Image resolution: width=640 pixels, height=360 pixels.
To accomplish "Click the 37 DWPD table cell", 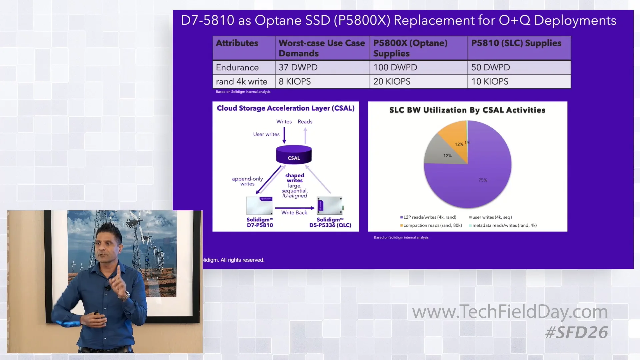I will click(x=322, y=67).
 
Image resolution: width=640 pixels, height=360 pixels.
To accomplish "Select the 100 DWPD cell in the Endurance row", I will click(x=418, y=67).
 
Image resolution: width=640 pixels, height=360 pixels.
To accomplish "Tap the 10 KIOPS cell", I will click(x=519, y=82).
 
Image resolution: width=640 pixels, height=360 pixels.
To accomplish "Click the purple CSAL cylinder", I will click(x=294, y=155).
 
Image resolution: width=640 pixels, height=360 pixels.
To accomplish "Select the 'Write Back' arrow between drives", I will click(x=294, y=208).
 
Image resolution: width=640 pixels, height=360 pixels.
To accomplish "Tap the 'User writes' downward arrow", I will click(x=284, y=135).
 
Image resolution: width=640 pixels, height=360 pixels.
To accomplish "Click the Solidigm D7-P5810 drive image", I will click(x=259, y=206).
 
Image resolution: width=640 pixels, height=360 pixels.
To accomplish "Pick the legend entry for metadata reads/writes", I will click(x=504, y=225).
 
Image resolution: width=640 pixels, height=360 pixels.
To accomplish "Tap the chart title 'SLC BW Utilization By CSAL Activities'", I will click(x=467, y=110).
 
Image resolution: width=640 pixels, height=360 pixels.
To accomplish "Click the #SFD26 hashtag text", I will click(x=577, y=333).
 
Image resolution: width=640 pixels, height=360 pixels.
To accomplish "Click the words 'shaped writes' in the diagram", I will click(x=295, y=178).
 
